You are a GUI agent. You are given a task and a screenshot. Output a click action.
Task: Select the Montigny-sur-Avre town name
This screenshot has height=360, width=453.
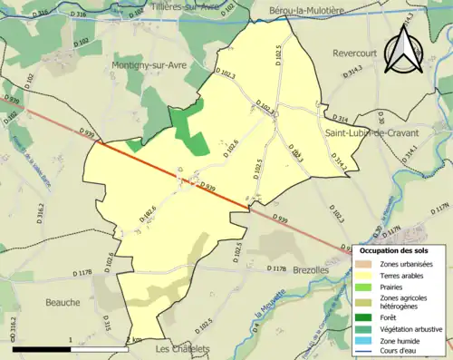[x=148, y=65]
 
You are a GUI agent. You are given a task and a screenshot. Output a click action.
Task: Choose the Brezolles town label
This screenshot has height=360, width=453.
[x=313, y=270]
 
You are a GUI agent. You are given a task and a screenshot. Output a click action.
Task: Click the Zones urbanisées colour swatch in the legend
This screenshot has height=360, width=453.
[x=364, y=264]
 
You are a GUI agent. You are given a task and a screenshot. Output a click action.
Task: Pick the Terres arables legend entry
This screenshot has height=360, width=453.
[x=404, y=277]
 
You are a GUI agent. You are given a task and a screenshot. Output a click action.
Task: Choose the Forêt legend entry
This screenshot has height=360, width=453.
[x=388, y=316]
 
